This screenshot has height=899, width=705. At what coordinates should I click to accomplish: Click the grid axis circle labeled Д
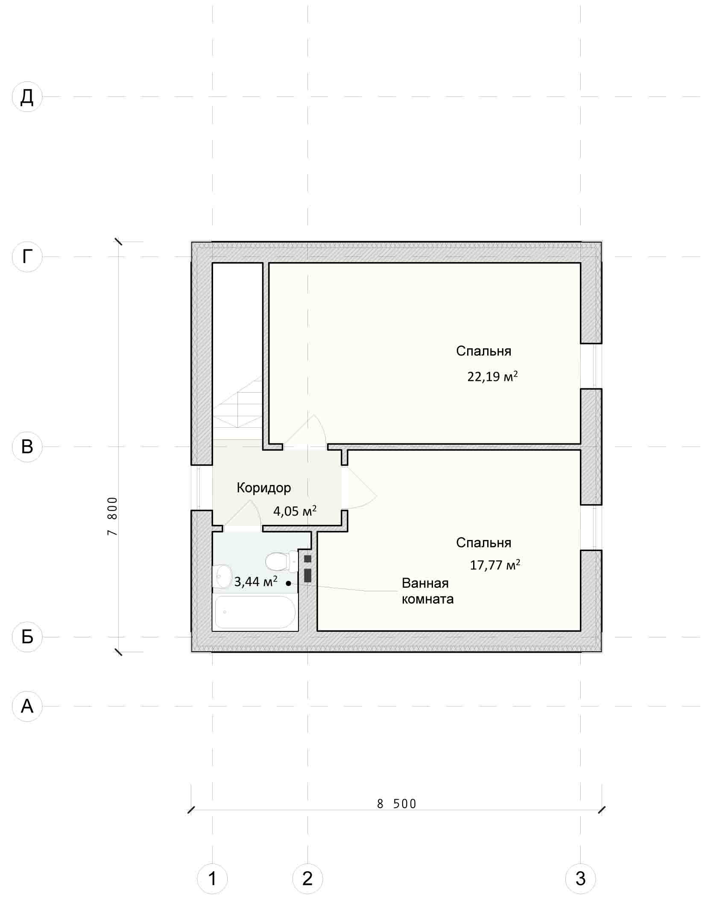click(27, 97)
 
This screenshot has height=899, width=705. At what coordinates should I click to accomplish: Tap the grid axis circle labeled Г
click(27, 257)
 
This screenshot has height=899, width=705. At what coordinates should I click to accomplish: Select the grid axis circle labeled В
click(27, 447)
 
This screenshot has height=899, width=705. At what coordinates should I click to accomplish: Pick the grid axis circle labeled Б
click(27, 637)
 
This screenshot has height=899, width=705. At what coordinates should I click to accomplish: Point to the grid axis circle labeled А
click(27, 706)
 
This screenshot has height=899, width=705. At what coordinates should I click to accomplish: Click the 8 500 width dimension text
click(397, 804)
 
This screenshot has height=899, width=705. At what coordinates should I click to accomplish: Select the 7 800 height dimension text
click(112, 516)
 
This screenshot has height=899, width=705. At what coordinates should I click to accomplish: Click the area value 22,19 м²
click(493, 377)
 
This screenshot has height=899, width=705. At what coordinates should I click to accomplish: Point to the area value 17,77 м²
click(495, 565)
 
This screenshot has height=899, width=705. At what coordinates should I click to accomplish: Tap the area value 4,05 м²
click(295, 511)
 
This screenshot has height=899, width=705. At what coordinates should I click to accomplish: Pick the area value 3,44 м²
click(256, 581)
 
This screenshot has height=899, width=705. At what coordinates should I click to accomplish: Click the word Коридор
click(264, 487)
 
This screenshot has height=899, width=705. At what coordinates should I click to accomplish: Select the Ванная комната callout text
click(427, 591)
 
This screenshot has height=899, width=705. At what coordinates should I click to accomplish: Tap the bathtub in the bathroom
click(255, 612)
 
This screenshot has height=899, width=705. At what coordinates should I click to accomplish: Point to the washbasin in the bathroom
click(222, 576)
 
